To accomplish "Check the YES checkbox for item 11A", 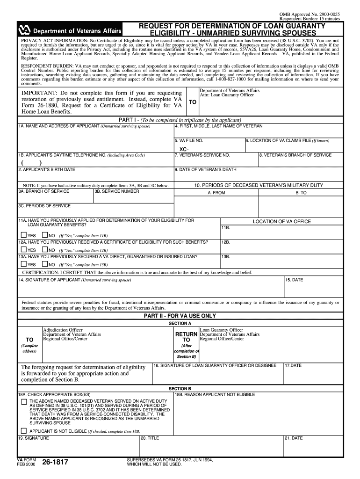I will (x=24, y=235).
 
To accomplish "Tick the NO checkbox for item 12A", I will (x=44, y=250).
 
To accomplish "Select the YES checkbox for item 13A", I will (x=24, y=264).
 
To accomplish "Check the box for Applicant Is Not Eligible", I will (x=24, y=430).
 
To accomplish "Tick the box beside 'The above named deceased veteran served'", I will (x=24, y=401).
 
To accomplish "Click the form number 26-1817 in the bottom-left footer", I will (x=55, y=463).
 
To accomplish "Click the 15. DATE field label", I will (x=295, y=280).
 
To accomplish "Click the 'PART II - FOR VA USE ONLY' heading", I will (x=180, y=316).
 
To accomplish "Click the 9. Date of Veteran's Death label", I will (x=205, y=169).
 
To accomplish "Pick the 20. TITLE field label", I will (x=150, y=438).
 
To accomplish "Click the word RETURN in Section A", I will (x=186, y=334).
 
